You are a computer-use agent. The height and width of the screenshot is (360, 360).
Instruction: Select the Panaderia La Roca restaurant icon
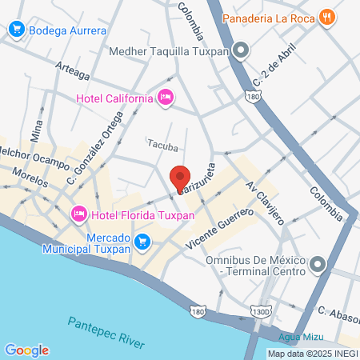[x=326, y=17]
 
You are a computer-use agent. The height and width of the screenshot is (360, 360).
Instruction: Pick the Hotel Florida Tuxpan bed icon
[x=79, y=214]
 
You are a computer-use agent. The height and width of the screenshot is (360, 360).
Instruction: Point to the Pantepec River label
[x=106, y=331]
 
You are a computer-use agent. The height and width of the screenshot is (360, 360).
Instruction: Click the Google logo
[x=26, y=350]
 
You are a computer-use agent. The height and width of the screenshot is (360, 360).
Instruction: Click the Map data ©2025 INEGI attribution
[x=311, y=353]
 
